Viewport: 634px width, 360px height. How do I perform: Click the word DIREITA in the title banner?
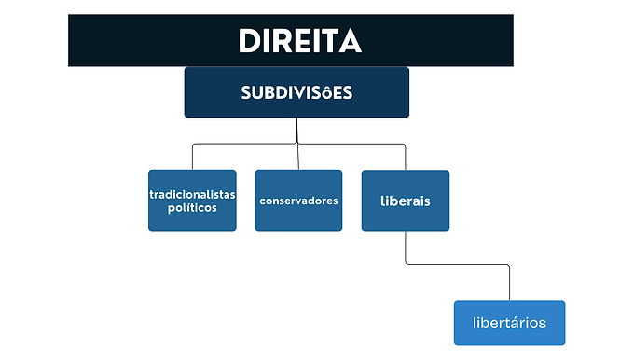(x=299, y=42)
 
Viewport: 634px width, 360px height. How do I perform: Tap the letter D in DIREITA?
(x=251, y=42)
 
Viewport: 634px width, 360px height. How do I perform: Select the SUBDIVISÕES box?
(x=296, y=92)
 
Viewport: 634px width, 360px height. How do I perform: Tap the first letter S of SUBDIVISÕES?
(x=246, y=93)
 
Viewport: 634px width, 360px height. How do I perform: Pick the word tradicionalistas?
(x=192, y=194)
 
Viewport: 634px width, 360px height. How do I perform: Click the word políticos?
(x=192, y=207)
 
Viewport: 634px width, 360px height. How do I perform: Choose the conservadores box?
(x=298, y=201)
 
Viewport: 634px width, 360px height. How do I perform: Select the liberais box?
(x=406, y=201)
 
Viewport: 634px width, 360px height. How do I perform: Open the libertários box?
(x=509, y=323)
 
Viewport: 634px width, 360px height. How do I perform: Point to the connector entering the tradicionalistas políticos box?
(x=192, y=157)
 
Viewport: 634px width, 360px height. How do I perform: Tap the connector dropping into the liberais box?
(x=406, y=157)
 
